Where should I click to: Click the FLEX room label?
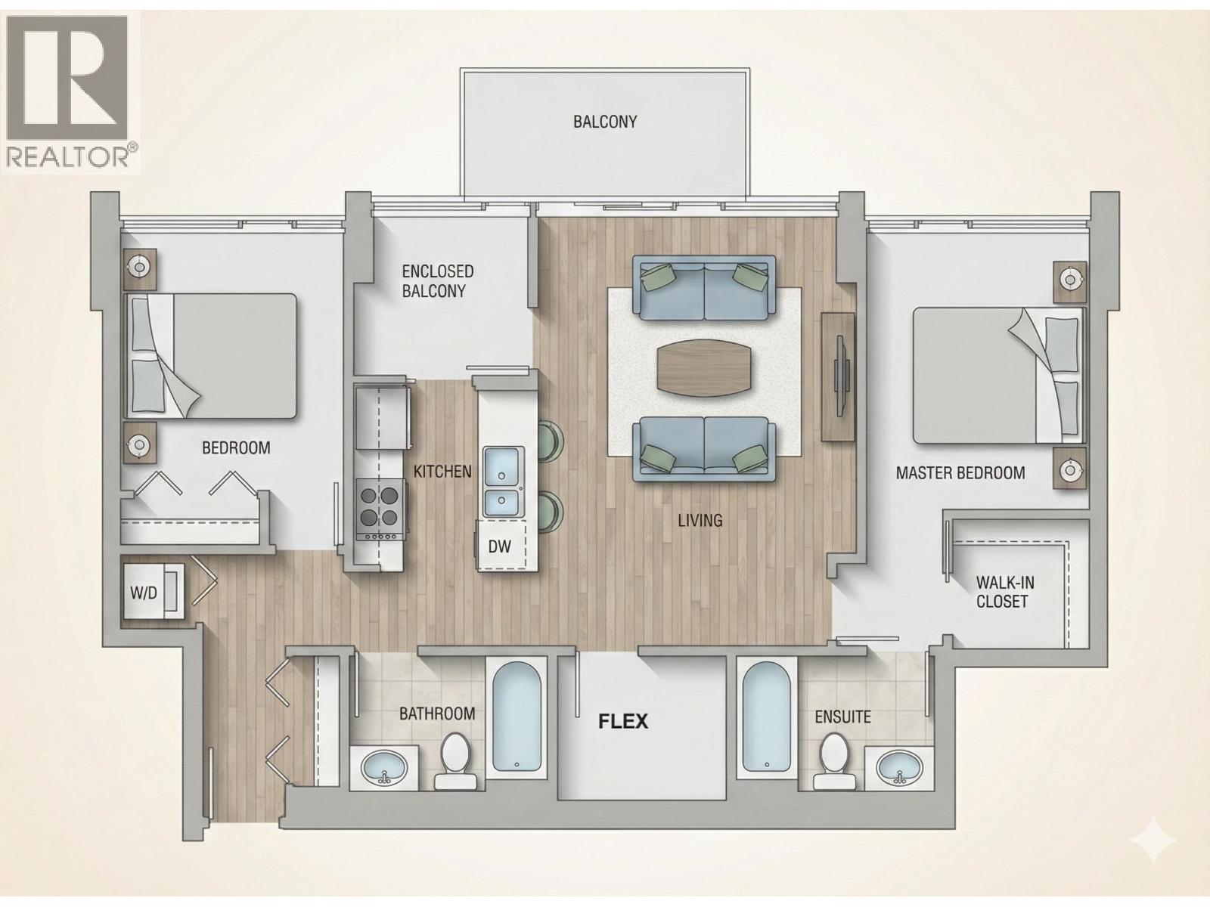click(623, 721)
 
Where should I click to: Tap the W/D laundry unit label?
click(144, 593)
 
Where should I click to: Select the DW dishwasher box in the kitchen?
click(499, 546)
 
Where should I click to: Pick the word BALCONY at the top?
click(605, 122)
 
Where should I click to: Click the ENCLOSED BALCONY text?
click(438, 281)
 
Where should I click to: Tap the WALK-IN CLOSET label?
click(1004, 592)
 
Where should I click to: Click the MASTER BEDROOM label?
click(960, 473)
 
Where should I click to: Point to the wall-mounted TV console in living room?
click(837, 376)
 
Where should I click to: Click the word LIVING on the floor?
click(700, 520)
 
